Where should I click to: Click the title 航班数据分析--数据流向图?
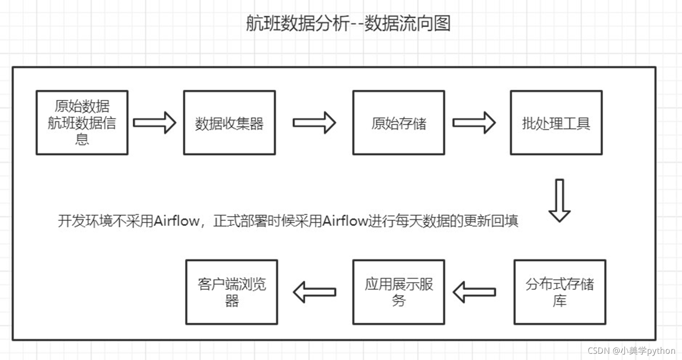[348, 24]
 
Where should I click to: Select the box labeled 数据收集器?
[230, 123]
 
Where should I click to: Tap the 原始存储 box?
[399, 123]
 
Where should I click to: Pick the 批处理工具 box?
[556, 123]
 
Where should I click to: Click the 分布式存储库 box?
[560, 292]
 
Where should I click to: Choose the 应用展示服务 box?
[399, 292]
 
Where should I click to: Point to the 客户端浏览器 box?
[232, 292]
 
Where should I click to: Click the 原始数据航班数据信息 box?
[82, 123]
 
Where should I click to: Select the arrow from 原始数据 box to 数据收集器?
[155, 123]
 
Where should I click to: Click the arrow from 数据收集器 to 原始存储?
[314, 123]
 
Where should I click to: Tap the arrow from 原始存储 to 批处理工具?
[474, 123]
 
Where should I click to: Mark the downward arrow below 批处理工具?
[559, 200]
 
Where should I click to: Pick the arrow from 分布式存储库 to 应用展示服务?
[474, 292]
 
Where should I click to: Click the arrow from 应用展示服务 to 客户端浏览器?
[314, 292]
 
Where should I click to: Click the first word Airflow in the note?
[177, 221]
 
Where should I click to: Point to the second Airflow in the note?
[345, 221]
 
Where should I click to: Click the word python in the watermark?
[661, 351]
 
